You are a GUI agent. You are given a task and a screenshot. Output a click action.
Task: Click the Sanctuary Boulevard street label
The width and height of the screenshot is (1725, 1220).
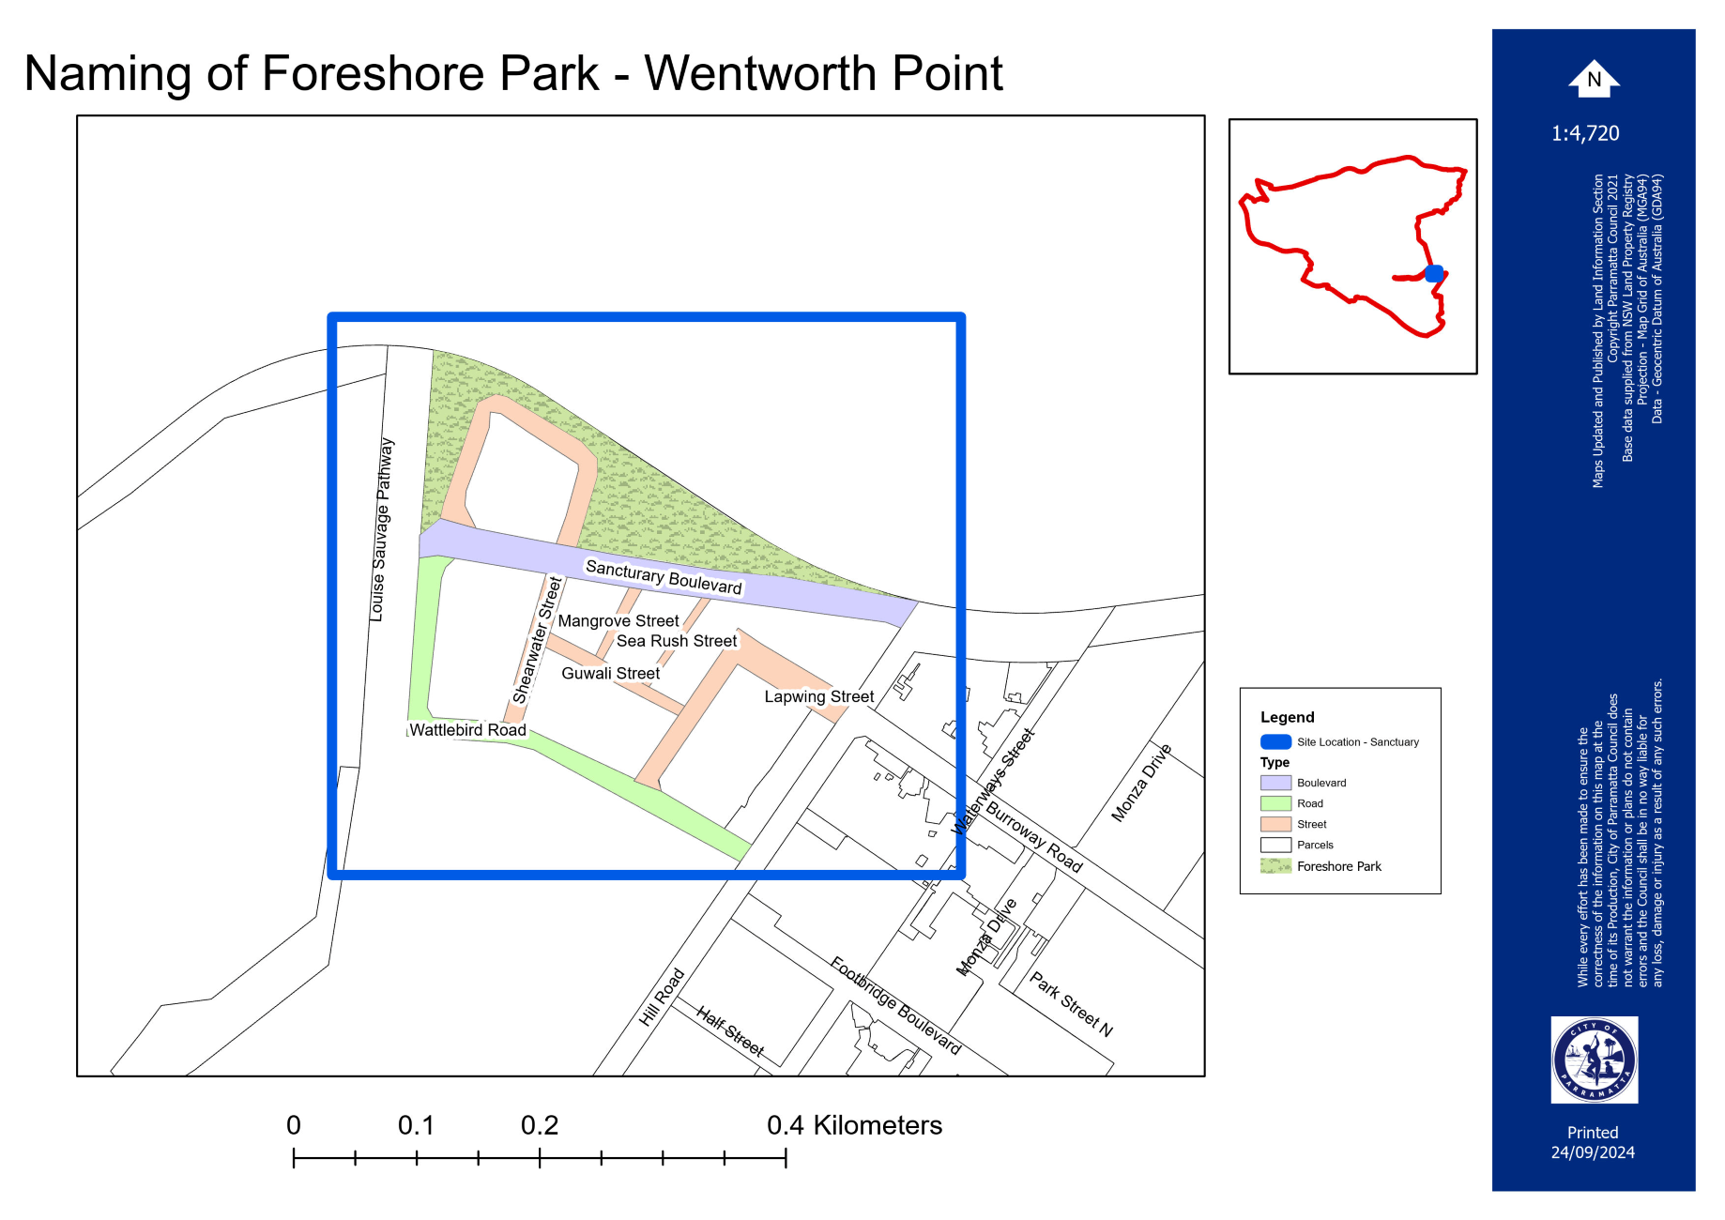pos(664,577)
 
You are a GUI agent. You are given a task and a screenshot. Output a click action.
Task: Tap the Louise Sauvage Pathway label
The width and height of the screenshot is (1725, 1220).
pos(381,529)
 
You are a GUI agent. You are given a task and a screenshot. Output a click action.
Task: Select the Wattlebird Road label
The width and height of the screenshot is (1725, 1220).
pos(467,730)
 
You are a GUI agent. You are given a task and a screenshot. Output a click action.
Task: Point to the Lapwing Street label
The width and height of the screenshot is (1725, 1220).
pos(818,696)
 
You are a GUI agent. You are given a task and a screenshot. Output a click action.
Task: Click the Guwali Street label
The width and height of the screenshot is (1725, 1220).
pos(610,674)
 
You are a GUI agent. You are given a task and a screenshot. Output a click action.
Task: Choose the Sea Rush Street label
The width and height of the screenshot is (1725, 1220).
pos(677,641)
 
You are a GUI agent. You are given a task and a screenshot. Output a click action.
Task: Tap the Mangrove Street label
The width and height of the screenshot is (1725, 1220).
pos(618,621)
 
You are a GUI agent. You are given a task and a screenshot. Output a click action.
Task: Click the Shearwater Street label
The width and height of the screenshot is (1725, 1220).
pos(537,641)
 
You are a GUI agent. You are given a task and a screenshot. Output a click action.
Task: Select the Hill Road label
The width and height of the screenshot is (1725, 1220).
pos(662,997)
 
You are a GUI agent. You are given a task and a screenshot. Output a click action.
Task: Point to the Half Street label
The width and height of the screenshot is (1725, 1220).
pos(730,1030)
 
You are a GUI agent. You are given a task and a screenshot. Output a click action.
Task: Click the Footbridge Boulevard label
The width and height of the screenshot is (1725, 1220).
pos(895,1006)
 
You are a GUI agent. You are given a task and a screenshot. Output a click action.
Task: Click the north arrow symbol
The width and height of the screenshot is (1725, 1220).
pos(1594,79)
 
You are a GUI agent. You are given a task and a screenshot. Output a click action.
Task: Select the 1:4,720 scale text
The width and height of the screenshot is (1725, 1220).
pos(1585,133)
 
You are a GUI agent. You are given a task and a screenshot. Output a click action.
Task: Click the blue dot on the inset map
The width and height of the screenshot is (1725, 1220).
pos(1434,274)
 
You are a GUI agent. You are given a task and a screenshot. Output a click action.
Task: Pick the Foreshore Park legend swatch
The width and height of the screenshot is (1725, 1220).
pos(1275,866)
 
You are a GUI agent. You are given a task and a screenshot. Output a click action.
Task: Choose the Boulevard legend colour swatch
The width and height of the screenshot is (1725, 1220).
pos(1275,783)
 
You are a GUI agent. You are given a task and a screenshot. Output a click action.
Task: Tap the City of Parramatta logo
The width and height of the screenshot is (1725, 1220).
pos(1594,1060)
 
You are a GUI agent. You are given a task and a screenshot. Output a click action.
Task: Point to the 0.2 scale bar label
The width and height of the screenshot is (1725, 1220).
pos(540,1125)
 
